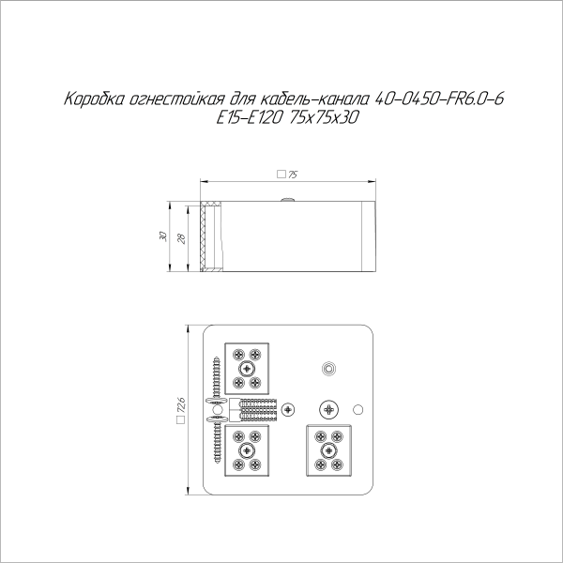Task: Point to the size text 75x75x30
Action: click(327, 118)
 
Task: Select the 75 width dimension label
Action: click(292, 175)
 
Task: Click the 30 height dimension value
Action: click(163, 236)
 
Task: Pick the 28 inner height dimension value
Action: click(182, 236)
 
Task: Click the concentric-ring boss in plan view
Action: click(327, 368)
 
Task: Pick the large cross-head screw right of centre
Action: click(327, 409)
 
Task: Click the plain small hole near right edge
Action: click(357, 410)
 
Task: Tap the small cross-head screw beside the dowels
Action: click(288, 410)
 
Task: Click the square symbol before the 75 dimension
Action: click(281, 175)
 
